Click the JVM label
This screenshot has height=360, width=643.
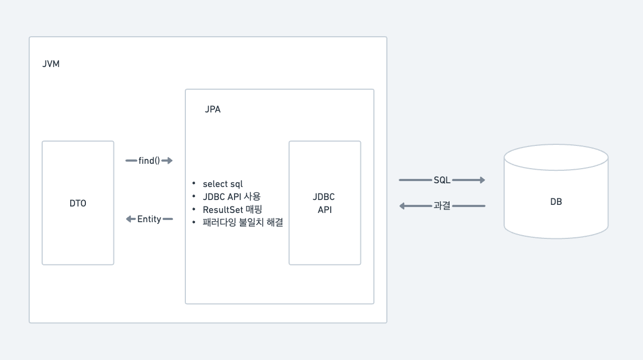(51, 64)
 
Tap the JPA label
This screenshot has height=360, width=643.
(212, 109)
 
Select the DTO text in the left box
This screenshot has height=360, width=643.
(78, 203)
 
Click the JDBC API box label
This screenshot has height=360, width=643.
(324, 203)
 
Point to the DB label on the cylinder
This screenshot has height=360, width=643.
(555, 202)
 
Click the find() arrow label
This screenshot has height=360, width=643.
(149, 161)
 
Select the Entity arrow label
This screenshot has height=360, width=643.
(149, 219)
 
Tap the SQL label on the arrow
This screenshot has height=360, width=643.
(442, 180)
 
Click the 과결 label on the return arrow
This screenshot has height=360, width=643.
(442, 206)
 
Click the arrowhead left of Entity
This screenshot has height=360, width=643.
(129, 219)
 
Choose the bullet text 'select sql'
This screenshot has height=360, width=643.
(223, 184)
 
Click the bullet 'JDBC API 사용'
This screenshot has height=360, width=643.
(231, 197)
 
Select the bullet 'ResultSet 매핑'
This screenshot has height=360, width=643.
(232, 209)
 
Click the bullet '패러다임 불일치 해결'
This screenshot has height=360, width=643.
(243, 222)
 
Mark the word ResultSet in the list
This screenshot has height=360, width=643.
(222, 209)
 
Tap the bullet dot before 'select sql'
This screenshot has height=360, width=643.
(193, 184)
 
